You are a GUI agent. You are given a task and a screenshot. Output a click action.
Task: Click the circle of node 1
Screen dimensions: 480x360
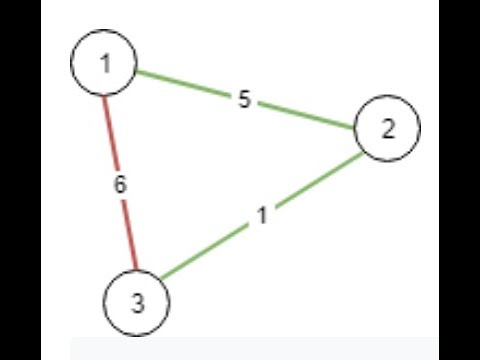click(104, 64)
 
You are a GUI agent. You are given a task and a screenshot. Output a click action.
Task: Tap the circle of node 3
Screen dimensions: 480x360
click(137, 300)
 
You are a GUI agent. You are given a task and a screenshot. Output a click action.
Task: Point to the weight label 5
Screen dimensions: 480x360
click(244, 100)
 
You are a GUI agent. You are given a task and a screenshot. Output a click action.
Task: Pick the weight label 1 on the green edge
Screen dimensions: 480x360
click(262, 214)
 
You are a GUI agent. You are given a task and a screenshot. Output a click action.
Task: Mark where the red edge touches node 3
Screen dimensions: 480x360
click(131, 268)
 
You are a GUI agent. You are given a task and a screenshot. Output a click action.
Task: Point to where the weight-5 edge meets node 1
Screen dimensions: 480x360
click(136, 71)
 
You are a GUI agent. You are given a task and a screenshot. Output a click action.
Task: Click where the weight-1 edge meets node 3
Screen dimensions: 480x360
click(163, 279)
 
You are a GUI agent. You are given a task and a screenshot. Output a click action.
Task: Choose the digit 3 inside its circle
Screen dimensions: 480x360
click(137, 301)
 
